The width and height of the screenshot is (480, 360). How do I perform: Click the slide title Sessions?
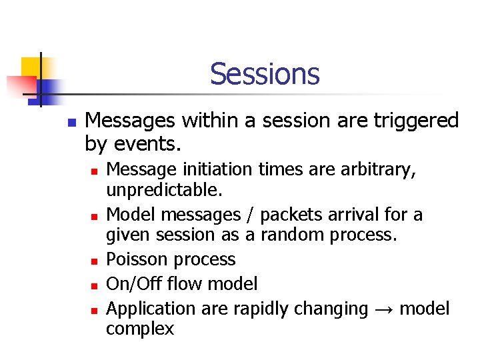click(x=265, y=74)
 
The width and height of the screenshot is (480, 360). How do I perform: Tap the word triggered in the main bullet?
click(x=417, y=121)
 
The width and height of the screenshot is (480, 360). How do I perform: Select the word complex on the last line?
click(x=140, y=329)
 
